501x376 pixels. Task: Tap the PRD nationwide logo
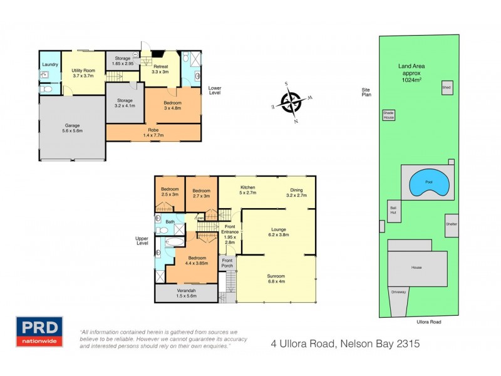pyautogui.click(x=39, y=332)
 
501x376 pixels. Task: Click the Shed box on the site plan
pyautogui.click(x=447, y=88)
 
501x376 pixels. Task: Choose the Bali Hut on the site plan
pyautogui.click(x=393, y=212)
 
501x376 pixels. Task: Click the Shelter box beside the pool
pyautogui.click(x=451, y=224)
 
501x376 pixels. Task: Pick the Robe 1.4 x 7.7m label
pyautogui.click(x=153, y=132)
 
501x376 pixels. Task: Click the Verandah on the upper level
pyautogui.click(x=186, y=293)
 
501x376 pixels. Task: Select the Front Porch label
pyautogui.click(x=227, y=263)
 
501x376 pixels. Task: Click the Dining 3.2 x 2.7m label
pyautogui.click(x=297, y=193)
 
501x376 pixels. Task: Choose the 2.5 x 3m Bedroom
pyautogui.click(x=170, y=192)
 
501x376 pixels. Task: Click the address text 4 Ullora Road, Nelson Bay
pyautogui.click(x=344, y=343)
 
